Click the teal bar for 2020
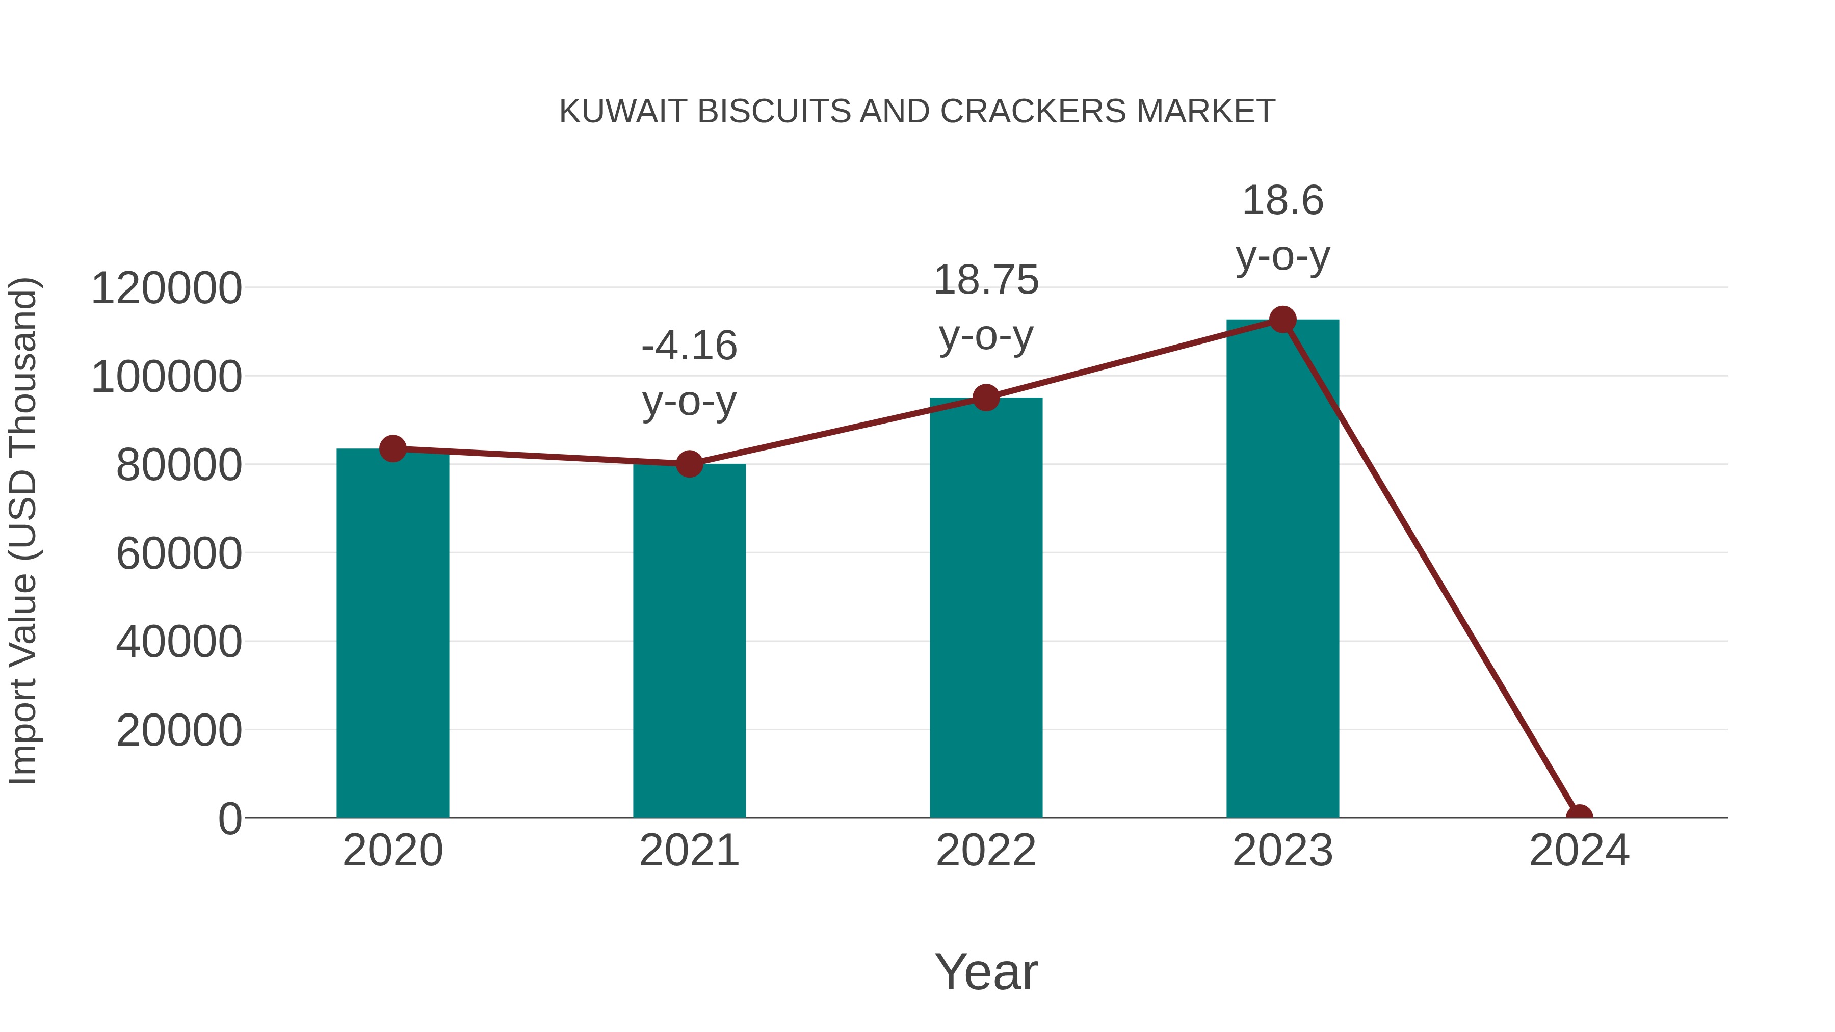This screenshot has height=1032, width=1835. pyautogui.click(x=392, y=634)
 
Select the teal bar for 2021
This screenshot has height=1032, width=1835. pyautogui.click(x=689, y=641)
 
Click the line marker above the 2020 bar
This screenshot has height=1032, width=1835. pyautogui.click(x=392, y=448)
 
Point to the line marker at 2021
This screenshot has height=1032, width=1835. pyautogui.click(x=689, y=464)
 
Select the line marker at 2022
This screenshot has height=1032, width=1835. pyautogui.click(x=986, y=398)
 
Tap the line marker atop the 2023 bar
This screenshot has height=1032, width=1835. pyautogui.click(x=1282, y=320)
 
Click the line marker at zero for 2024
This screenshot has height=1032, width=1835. pyautogui.click(x=1579, y=816)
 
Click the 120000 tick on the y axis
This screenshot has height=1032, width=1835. pyautogui.click(x=167, y=288)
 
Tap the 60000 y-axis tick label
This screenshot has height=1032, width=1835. pyautogui.click(x=179, y=553)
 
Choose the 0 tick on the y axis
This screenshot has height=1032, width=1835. pyautogui.click(x=230, y=818)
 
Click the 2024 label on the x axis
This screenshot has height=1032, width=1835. pyautogui.click(x=1579, y=851)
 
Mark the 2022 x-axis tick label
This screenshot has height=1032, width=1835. pyautogui.click(x=986, y=851)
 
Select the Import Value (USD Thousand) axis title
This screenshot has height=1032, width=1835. pyautogui.click(x=23, y=531)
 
